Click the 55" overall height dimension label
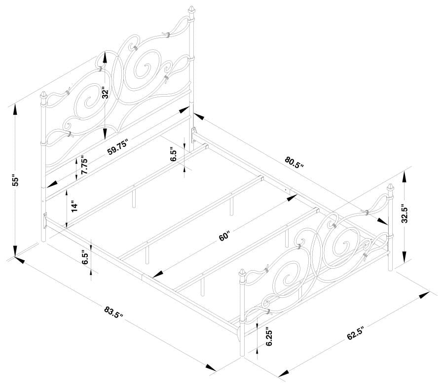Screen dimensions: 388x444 (15, 180)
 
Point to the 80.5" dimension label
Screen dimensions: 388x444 (294, 162)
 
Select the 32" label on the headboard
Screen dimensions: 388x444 (105, 93)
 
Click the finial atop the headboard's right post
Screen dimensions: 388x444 (191, 11)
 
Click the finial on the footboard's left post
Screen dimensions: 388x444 (243, 274)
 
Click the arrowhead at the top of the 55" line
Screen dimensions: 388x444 (15, 107)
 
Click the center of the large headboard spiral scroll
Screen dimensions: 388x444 (146, 68)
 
